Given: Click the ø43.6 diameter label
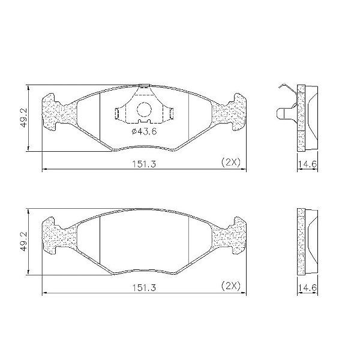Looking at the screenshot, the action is tap(144, 131).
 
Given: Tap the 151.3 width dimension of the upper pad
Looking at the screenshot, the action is tap(144, 164).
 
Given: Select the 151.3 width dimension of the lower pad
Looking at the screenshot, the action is tap(144, 287).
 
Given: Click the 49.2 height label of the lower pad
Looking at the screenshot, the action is tap(24, 242).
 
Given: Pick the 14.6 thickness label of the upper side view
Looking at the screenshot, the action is tap(307, 164).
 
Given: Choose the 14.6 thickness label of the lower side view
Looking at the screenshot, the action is tap(307, 287).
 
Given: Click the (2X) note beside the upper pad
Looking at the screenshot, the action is tap(231, 163).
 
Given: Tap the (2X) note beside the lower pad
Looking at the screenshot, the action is tap(231, 286).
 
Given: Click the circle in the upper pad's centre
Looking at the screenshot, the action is tap(144, 110).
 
